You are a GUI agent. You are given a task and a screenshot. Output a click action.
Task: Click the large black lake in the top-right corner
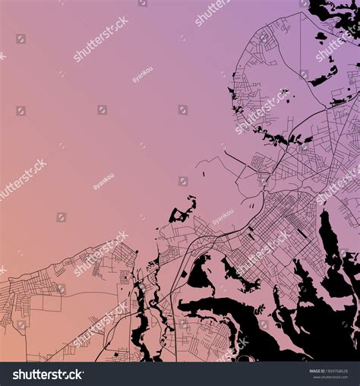pyautogui.click(x=334, y=11)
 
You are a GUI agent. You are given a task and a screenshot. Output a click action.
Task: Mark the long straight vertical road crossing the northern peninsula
pyautogui.click(x=300, y=61)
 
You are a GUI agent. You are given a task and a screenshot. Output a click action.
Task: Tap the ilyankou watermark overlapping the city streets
pyautogui.click(x=223, y=217)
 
